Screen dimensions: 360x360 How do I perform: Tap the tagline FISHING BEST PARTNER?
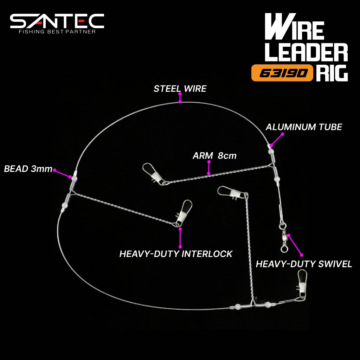pos(57,32)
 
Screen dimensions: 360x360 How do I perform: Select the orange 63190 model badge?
pos(282,73)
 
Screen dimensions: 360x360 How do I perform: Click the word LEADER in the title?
pos(306,53)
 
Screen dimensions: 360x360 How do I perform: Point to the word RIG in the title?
pos(332,73)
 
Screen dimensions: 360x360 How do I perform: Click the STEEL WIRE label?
pos(180,89)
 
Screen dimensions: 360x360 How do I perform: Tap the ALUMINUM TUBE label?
pos(304,127)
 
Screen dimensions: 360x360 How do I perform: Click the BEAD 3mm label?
pos(28,169)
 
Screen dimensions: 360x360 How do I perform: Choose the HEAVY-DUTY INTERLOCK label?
pos(176,254)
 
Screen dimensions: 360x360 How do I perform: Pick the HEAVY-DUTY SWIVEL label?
pos(304,264)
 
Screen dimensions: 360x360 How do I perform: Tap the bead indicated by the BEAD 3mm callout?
pos(74,178)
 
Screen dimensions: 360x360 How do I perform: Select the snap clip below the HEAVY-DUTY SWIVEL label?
pos(302,285)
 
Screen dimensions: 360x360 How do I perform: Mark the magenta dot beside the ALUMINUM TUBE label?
pos(283,134)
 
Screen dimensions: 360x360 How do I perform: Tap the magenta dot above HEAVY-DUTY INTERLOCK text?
pos(180,229)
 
